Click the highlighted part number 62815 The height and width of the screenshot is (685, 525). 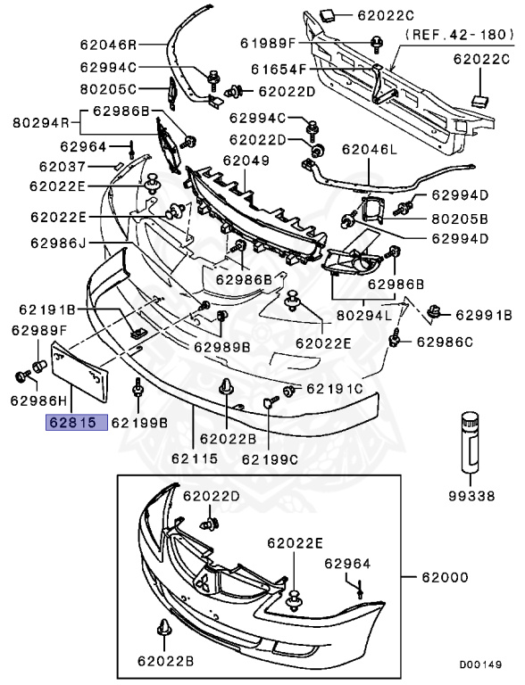pyautogui.click(x=77, y=423)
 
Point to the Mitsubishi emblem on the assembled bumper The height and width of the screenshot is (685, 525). pyautogui.click(x=204, y=582)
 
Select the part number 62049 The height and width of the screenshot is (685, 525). pyautogui.click(x=246, y=161)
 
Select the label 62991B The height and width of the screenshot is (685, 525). pyautogui.click(x=483, y=315)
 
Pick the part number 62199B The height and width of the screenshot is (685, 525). pyautogui.click(x=138, y=423)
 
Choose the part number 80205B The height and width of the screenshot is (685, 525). pyautogui.click(x=459, y=219)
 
